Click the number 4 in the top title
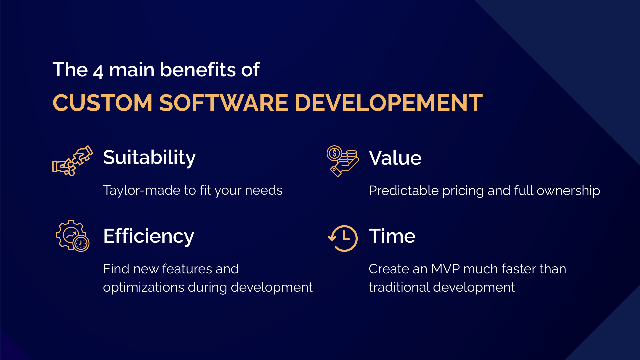point(98,71)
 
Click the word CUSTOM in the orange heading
point(102,103)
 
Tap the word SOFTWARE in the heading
point(223,103)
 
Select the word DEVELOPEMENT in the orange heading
point(388,103)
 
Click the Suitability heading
point(149,157)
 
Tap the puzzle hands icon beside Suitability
point(73,161)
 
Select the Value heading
point(395,158)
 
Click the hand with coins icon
point(342,161)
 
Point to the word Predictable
point(403,191)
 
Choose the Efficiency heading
point(148,236)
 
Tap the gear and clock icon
point(73,236)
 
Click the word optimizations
point(143,287)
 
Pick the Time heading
point(392,236)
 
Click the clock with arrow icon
point(343,238)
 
